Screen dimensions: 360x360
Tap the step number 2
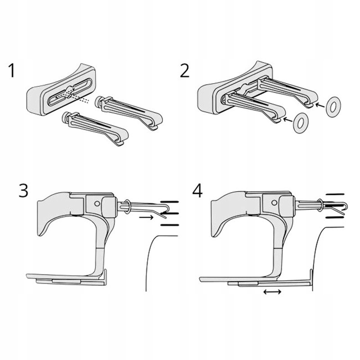pyautogui.click(x=185, y=71)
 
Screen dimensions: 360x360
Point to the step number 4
pyautogui.click(x=197, y=190)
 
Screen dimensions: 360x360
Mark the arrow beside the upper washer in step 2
pyautogui.click(x=320, y=105)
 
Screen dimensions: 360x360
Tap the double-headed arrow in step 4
pyautogui.click(x=273, y=292)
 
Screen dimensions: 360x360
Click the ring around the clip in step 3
pyautogui.click(x=127, y=207)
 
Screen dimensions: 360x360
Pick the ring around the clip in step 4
pyautogui.click(x=320, y=206)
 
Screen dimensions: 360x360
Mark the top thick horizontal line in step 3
pyautogui.click(x=170, y=202)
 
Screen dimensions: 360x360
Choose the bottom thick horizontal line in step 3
pyautogui.click(x=170, y=224)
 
